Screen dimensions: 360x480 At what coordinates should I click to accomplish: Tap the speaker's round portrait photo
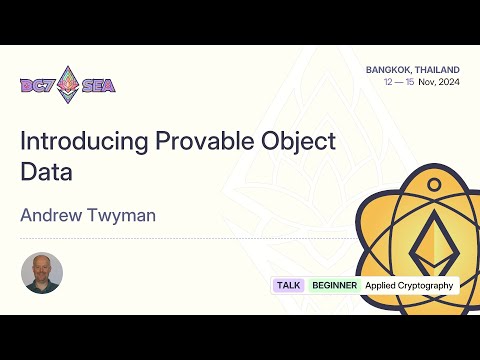click(42, 272)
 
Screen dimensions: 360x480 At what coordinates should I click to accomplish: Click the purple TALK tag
click(289, 285)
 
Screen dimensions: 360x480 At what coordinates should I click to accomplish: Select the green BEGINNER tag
click(334, 285)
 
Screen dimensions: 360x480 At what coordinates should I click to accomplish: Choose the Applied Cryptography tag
click(409, 285)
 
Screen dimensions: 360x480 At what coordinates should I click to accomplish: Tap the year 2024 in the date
click(450, 82)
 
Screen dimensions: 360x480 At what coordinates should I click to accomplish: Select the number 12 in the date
click(388, 82)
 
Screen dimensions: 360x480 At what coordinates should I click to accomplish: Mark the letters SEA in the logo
click(98, 86)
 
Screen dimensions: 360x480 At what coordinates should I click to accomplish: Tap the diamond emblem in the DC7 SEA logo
click(68, 84)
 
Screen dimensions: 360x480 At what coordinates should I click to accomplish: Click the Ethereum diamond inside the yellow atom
click(432, 238)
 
